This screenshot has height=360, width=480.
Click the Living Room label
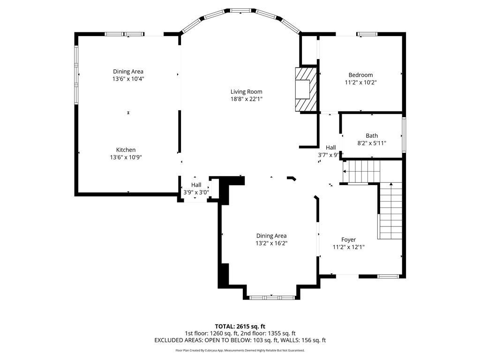click(246, 91)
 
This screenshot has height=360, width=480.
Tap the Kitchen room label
click(126, 150)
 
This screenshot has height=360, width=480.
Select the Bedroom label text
click(360, 75)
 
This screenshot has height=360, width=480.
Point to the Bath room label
click(372, 136)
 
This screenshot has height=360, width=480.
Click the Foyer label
click(348, 240)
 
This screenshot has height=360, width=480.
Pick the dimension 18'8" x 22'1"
click(246, 99)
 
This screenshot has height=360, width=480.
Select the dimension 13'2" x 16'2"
click(271, 243)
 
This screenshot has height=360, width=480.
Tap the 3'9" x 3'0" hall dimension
click(196, 192)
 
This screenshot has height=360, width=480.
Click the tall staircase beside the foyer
click(390, 210)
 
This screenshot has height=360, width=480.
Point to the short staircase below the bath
click(361, 171)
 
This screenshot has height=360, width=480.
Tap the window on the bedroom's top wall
click(367, 34)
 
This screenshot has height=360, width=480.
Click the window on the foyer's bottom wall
click(388, 276)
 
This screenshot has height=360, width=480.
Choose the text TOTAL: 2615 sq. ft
click(240, 326)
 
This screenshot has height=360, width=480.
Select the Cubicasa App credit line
click(240, 350)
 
